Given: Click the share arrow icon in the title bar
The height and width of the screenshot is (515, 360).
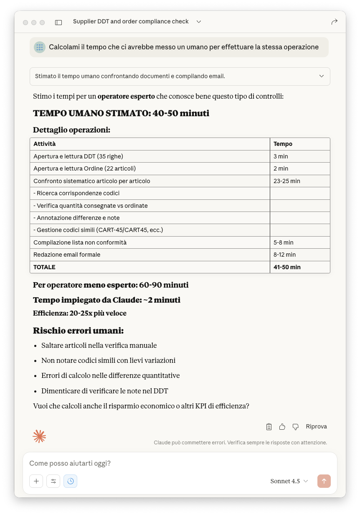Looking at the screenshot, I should [334, 22].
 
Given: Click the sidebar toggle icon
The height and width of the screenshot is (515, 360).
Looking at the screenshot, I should [58, 22].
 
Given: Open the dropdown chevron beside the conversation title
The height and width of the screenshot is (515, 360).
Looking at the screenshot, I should [199, 22].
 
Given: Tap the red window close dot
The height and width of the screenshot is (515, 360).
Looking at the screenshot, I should [25, 22].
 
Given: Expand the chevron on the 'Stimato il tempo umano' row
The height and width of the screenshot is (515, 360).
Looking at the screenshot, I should [321, 76].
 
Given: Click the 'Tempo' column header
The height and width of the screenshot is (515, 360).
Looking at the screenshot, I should [283, 144].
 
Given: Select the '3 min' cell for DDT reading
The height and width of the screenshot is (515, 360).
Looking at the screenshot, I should [281, 156].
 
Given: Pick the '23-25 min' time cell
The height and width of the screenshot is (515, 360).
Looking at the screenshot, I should [286, 181].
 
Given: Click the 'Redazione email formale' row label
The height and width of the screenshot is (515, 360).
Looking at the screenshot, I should [67, 255].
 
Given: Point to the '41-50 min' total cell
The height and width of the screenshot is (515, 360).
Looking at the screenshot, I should [287, 267].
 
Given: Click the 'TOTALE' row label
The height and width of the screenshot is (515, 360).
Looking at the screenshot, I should [44, 267].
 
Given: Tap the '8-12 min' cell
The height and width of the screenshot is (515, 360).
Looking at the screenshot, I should [284, 255].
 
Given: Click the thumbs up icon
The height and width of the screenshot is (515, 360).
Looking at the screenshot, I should [282, 427].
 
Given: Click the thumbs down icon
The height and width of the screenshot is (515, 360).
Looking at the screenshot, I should [296, 427].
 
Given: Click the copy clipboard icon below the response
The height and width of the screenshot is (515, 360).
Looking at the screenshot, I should [269, 427].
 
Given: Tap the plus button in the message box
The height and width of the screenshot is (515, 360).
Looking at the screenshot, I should [36, 481].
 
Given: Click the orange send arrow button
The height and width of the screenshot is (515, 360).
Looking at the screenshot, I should [324, 481].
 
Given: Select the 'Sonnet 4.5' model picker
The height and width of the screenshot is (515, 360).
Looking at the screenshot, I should [289, 481].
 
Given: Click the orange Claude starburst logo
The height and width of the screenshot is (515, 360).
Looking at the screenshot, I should [39, 436].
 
